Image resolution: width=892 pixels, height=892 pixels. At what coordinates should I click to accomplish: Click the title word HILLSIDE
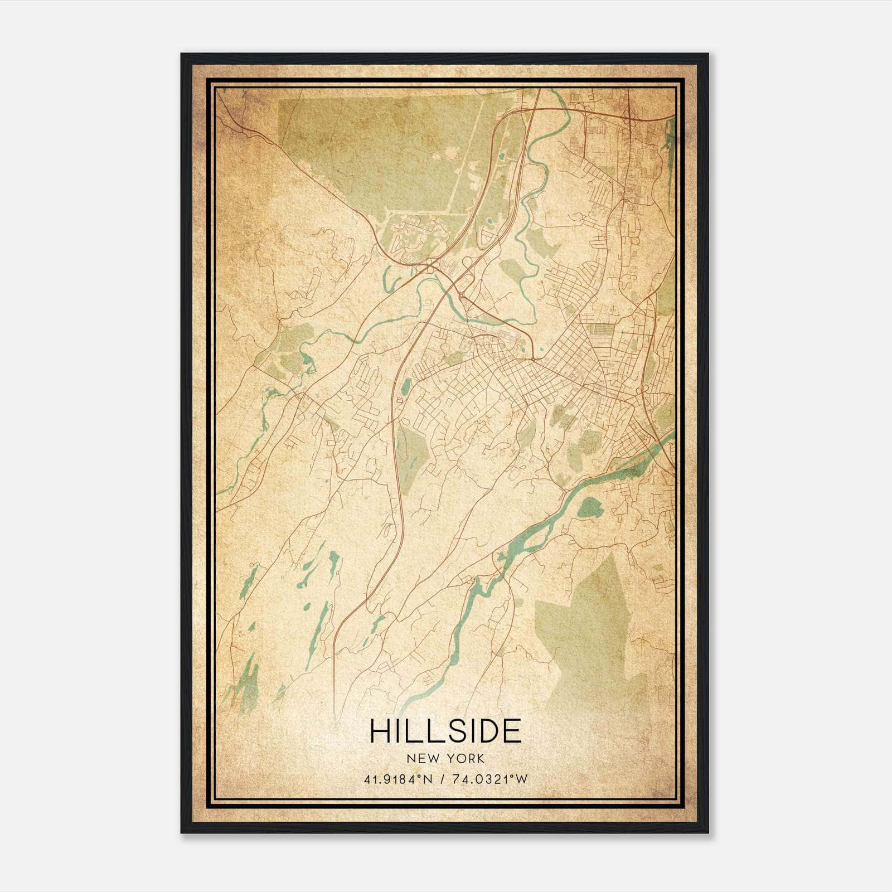click(x=445, y=731)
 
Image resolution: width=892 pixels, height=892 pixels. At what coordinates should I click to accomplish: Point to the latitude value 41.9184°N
click(x=397, y=779)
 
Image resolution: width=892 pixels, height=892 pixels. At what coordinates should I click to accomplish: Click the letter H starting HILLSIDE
click(x=380, y=731)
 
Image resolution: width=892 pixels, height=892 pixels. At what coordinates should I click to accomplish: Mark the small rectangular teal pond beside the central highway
click(x=406, y=385)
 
